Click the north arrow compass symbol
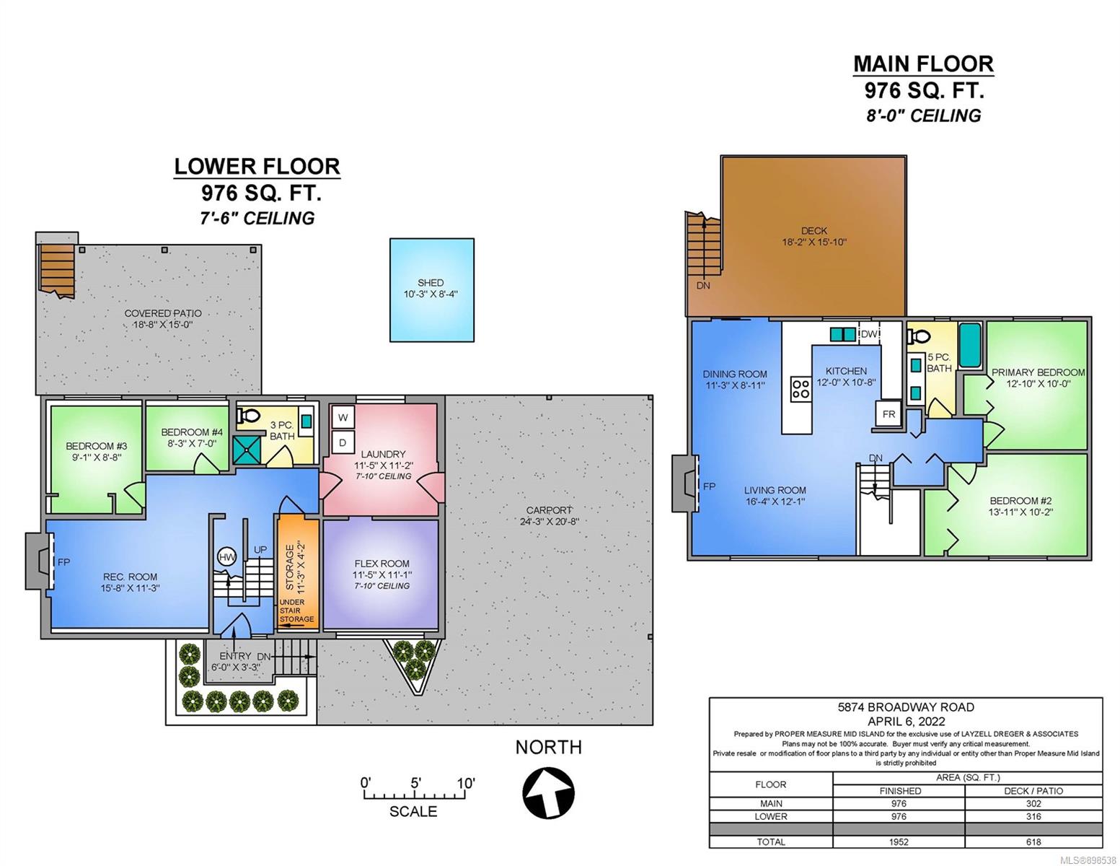coord(548,792)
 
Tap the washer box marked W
coord(343,417)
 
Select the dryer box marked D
coord(343,442)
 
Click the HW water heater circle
coord(226,556)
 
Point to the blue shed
coord(431,289)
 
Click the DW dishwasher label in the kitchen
coord(869,333)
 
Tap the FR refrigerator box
coord(888,414)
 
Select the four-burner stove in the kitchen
coord(801,388)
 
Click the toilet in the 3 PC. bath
coord(249,415)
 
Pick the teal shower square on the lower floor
coord(247,450)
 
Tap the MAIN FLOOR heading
coord(923,64)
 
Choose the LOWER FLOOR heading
coord(257,167)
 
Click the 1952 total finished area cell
coord(899,841)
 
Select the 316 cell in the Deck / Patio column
coord(1033,816)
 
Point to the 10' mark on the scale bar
coord(465,783)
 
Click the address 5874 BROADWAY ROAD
coord(906,707)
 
